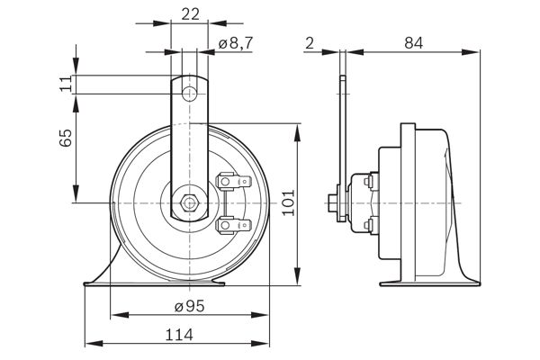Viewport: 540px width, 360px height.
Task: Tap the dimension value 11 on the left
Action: click(x=64, y=85)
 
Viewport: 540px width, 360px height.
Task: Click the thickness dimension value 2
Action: click(x=309, y=42)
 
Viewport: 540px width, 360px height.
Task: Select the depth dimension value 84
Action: click(x=412, y=42)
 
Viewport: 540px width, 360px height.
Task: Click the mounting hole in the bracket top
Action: click(x=189, y=94)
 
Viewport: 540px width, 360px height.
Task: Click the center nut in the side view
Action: click(x=335, y=202)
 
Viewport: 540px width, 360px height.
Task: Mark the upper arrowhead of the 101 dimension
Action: click(x=298, y=130)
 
